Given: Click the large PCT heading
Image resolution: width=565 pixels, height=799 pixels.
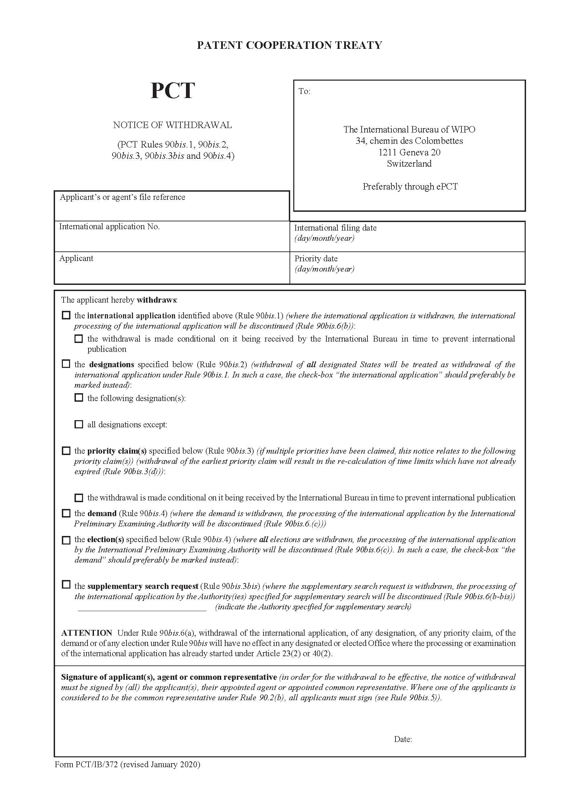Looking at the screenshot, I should (172, 91).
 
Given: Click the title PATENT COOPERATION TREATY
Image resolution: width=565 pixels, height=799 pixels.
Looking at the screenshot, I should (289, 45).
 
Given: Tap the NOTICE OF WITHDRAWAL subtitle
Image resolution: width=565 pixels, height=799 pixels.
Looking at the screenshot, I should (172, 125).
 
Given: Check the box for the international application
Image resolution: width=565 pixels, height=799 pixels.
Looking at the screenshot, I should (66, 315).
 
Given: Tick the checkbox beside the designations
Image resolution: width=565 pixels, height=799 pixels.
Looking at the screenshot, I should (66, 364).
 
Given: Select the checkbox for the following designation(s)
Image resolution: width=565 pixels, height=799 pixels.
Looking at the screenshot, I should (79, 397).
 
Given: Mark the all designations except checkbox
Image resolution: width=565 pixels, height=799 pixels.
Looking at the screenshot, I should (79, 424).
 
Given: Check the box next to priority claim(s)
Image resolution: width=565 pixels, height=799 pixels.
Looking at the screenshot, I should (66, 451).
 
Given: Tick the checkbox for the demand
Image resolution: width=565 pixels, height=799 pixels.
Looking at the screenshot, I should (66, 513).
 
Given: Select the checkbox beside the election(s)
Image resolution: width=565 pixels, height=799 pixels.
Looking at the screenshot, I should (66, 540).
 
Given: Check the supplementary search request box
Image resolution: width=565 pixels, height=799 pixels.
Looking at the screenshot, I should (66, 584).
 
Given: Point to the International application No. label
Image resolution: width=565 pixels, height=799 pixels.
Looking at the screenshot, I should (109, 226).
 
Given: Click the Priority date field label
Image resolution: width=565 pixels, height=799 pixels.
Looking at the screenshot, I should (316, 259).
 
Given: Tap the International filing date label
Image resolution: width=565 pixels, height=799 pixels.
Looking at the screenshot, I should (335, 228).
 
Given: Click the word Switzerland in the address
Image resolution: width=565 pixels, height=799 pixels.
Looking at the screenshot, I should (409, 164).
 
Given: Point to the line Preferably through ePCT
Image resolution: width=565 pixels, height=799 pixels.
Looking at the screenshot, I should (410, 187).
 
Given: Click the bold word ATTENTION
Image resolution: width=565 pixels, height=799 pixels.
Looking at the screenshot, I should (87, 633).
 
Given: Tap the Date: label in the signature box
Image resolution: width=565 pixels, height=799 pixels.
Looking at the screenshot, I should (403, 739).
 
